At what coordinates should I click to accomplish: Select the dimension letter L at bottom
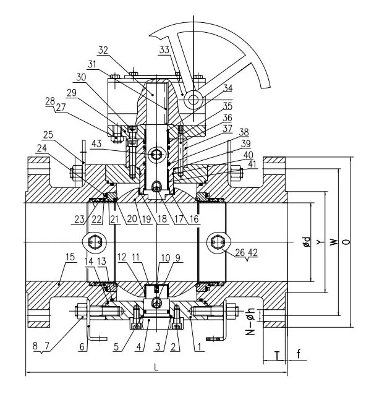[156, 366]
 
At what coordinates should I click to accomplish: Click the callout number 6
[82, 347]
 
